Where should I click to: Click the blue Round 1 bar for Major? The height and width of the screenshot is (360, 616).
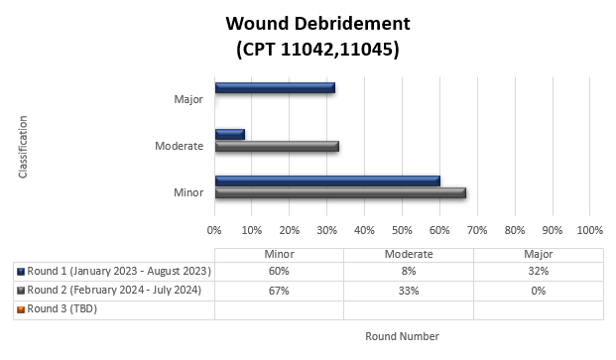pyautogui.click(x=274, y=88)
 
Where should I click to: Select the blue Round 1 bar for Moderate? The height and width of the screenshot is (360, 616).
pyautogui.click(x=229, y=134)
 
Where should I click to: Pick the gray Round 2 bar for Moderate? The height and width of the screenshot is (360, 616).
pyautogui.click(x=277, y=146)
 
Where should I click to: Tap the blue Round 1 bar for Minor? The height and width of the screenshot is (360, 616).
pyautogui.click(x=326, y=180)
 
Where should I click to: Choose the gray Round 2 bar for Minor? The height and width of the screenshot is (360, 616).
pyautogui.click(x=339, y=192)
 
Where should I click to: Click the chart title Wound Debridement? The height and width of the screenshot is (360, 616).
pyautogui.click(x=317, y=23)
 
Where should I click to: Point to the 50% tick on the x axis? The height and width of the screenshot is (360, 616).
pyautogui.click(x=402, y=230)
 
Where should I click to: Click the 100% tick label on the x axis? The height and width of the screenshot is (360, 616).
pyautogui.click(x=589, y=230)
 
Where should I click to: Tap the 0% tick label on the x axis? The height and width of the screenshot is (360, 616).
pyautogui.click(x=214, y=230)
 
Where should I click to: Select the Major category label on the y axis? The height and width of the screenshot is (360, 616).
pyautogui.click(x=188, y=99)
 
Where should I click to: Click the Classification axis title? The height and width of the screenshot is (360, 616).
pyautogui.click(x=22, y=147)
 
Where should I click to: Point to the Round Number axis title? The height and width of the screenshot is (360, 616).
pyautogui.click(x=402, y=336)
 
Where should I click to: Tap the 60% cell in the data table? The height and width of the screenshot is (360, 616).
pyautogui.click(x=279, y=271)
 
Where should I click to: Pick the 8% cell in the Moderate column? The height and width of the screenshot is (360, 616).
pyautogui.click(x=409, y=271)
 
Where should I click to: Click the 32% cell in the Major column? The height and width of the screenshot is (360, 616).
pyautogui.click(x=539, y=271)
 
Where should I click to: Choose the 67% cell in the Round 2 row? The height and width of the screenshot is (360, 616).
pyautogui.click(x=279, y=290)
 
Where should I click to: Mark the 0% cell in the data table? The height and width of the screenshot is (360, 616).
pyautogui.click(x=539, y=290)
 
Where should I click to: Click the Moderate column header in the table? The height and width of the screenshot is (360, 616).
pyautogui.click(x=409, y=254)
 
